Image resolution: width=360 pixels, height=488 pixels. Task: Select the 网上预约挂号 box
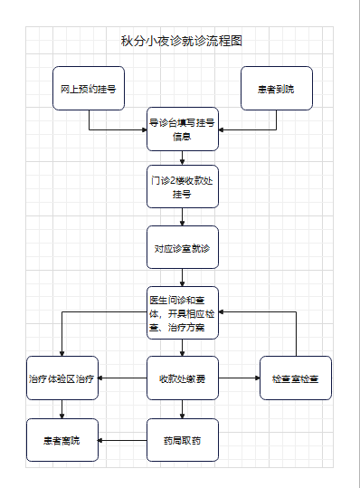click(88, 89)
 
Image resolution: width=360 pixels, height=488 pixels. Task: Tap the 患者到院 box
click(276, 89)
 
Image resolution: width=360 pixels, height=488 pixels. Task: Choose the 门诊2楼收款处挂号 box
click(182, 187)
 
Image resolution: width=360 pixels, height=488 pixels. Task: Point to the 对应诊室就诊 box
click(182, 247)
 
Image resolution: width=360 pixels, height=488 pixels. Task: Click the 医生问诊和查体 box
click(182, 312)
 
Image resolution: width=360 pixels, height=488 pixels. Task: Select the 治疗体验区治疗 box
click(62, 378)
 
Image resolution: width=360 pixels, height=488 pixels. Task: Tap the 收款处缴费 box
click(182, 378)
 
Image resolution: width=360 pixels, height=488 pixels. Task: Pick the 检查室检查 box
click(296, 378)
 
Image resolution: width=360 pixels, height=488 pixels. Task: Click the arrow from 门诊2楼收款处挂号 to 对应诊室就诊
click(182, 217)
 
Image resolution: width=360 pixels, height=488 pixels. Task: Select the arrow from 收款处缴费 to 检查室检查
click(239, 378)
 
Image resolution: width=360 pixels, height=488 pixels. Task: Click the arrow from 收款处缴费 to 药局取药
click(182, 409)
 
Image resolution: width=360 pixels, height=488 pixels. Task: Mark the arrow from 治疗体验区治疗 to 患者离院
click(62, 409)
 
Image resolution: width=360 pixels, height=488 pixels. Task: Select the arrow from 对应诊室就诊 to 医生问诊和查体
click(182, 278)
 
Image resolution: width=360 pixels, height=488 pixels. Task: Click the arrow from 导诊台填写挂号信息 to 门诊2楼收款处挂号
click(182, 158)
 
